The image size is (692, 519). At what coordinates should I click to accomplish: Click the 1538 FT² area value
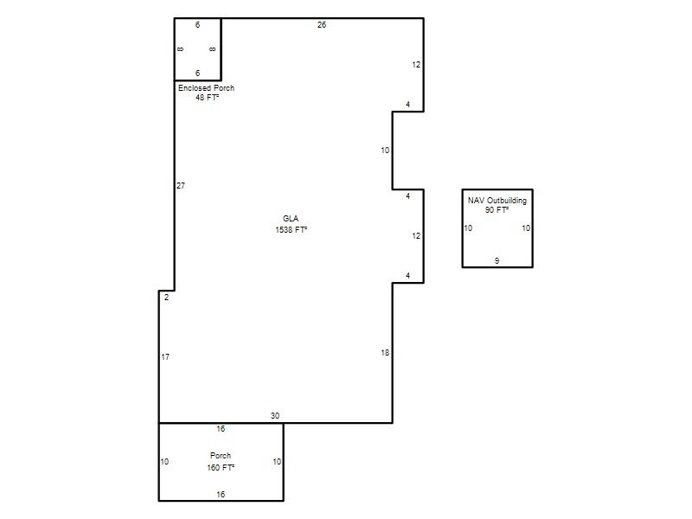pyautogui.click(x=292, y=229)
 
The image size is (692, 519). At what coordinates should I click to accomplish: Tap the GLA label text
pyautogui.click(x=291, y=219)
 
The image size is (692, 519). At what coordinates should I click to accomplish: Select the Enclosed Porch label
pyautogui.click(x=206, y=88)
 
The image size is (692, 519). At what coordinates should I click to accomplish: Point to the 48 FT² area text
pyautogui.click(x=208, y=98)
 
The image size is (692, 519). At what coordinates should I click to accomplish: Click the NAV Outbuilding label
pyautogui.click(x=497, y=201)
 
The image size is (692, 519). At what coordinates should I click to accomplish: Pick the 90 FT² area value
pyautogui.click(x=497, y=210)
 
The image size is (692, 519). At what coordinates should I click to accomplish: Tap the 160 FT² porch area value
pyautogui.click(x=221, y=467)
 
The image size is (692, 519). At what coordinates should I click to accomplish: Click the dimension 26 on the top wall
pyautogui.click(x=322, y=25)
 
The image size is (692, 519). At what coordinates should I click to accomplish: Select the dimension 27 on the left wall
pyautogui.click(x=181, y=186)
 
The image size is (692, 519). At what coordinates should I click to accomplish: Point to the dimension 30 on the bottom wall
pyautogui.click(x=275, y=416)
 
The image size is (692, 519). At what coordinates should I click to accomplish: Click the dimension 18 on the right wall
pyautogui.click(x=385, y=353)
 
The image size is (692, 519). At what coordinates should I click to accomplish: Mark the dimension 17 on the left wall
pyautogui.click(x=165, y=357)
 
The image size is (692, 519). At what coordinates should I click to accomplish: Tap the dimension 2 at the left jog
pyautogui.click(x=166, y=298)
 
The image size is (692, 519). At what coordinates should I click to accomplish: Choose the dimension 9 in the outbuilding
pyautogui.click(x=497, y=261)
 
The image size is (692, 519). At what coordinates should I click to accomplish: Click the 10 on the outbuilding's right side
pyautogui.click(x=526, y=228)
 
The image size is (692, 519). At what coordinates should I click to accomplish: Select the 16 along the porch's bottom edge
pyautogui.click(x=221, y=495)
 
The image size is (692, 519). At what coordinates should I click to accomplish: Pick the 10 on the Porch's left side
pyautogui.click(x=164, y=462)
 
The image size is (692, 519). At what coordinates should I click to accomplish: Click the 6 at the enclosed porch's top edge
pyautogui.click(x=198, y=25)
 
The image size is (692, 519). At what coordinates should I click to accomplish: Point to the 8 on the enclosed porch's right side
pyautogui.click(x=212, y=49)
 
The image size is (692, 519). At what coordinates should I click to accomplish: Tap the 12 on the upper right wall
pyautogui.click(x=416, y=65)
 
